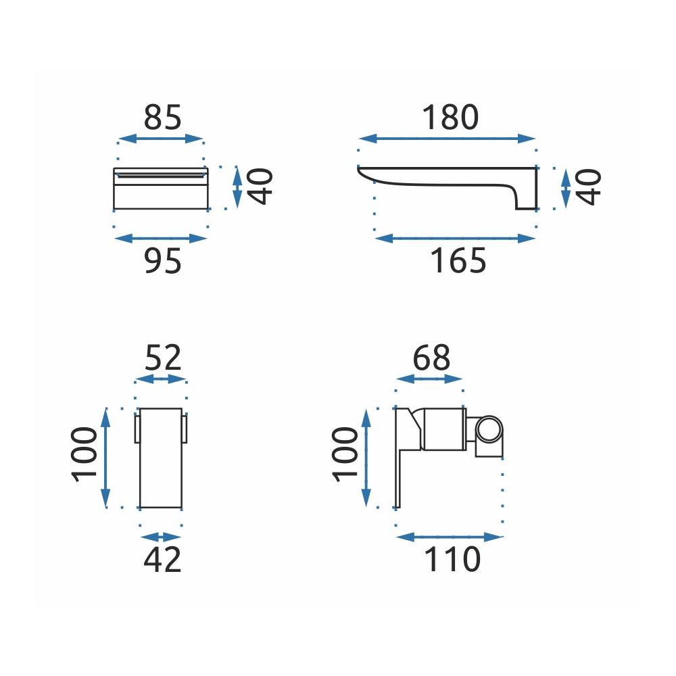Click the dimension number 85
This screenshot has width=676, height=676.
[162, 117]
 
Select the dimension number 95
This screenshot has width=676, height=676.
[162, 261]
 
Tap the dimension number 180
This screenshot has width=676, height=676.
[450, 117]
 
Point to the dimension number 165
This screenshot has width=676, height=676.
[458, 261]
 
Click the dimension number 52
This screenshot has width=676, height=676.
[163, 358]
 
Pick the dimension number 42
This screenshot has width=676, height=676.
[162, 560]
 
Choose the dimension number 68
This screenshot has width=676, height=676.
[431, 358]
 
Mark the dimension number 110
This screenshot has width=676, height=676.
[452, 560]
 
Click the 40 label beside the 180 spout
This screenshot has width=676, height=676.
[588, 187]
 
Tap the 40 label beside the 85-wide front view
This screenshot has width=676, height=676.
[260, 187]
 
